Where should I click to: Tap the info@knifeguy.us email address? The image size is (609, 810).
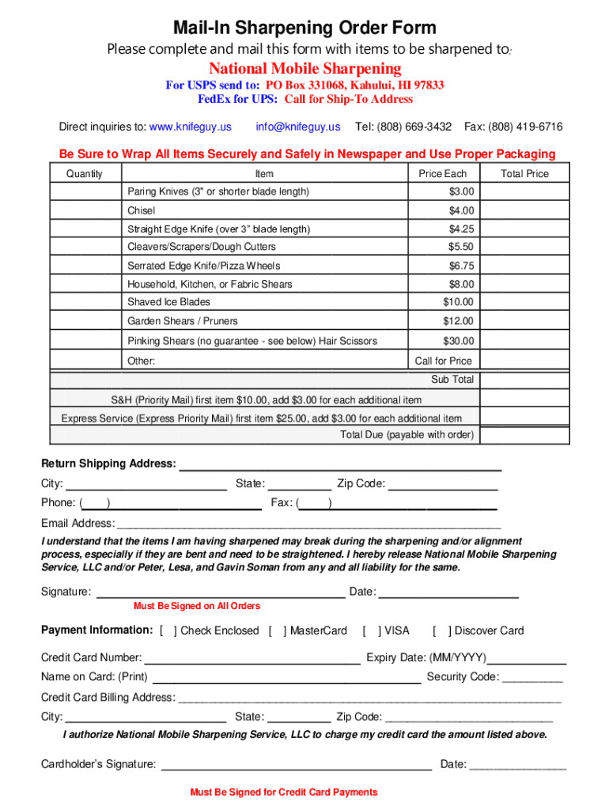point(298,127)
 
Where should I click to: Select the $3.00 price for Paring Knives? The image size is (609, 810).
point(461,192)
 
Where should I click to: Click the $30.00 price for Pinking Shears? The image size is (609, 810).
point(459,341)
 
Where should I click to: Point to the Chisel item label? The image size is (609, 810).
point(142,210)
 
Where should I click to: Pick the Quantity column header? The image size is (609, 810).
point(84,174)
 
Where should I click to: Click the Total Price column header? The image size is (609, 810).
point(524,174)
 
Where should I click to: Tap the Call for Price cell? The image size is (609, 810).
point(443,361)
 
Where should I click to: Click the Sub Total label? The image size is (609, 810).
point(452,380)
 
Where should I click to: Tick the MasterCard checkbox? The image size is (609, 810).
point(277,630)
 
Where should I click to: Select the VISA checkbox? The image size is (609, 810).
point(371,630)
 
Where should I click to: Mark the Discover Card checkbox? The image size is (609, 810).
point(441,630)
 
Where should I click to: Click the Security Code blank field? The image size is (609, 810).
point(532,678)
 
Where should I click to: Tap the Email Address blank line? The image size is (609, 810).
point(308,524)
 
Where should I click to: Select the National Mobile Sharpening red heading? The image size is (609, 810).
point(304,69)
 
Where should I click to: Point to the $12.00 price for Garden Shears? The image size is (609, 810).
point(459,321)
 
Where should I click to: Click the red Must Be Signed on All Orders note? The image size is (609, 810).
point(197,606)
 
